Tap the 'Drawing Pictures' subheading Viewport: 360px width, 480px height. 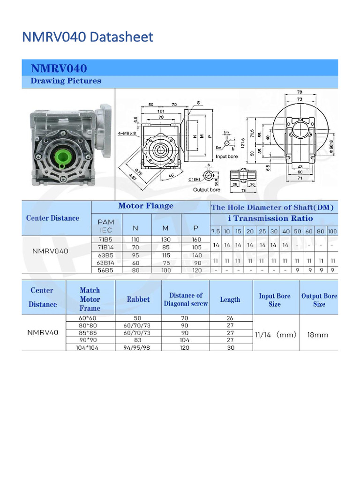click(66, 81)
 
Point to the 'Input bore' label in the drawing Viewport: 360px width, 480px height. click(226, 157)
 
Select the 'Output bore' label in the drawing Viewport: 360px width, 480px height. click(206, 190)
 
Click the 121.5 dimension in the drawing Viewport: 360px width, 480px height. click(243, 142)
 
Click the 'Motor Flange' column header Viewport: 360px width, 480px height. click(145, 206)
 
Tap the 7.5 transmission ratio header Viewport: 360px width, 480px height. click(215, 232)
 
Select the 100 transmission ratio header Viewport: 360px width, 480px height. click(332, 232)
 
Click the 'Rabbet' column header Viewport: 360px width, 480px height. click(138, 300)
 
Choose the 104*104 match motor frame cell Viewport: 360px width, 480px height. click(90, 348)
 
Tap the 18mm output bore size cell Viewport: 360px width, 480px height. click(318, 335)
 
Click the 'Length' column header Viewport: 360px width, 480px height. click(230, 300)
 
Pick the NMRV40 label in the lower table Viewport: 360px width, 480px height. click(43, 333)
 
